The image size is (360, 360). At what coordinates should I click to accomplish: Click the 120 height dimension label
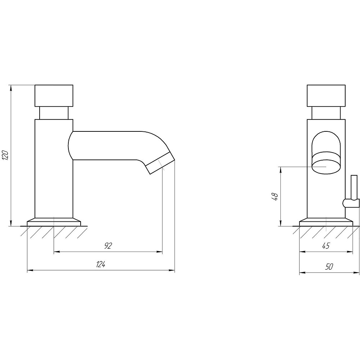coord(5,156)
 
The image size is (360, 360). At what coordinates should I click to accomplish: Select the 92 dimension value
coord(108,246)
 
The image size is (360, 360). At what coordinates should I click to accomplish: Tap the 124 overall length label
coord(100,264)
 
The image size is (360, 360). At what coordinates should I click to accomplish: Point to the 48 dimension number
coord(275,197)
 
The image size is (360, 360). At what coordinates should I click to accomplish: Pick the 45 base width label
coord(326,246)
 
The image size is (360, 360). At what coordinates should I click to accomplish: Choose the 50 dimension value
coord(329,266)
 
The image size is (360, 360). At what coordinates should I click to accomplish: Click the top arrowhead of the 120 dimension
coord(10,87)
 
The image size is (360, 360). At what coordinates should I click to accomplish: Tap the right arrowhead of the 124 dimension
coord(172,271)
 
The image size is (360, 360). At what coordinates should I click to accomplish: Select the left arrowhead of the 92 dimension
coord(57,252)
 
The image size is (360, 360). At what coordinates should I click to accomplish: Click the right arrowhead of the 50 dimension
coord(356,273)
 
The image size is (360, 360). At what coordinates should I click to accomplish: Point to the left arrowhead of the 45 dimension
coord(302,252)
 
